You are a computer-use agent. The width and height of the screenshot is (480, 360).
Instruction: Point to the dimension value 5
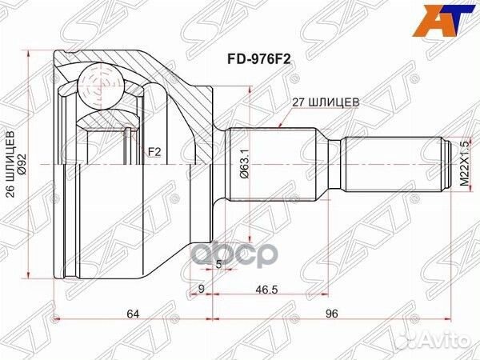tap(218, 262)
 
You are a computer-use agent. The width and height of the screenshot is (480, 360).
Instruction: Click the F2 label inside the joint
tap(154, 150)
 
